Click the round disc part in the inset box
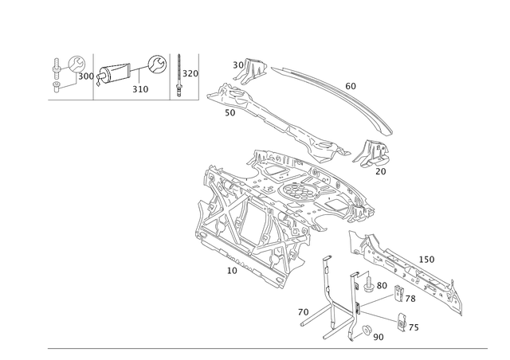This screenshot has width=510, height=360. tap(76, 63)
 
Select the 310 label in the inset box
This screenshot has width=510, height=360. tap(140, 88)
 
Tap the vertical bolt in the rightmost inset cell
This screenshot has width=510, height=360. tap(178, 74)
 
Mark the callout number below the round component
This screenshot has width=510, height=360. tap(381, 171)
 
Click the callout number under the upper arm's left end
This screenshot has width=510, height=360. tap(231, 115)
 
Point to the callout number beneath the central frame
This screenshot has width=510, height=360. tap(231, 271)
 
